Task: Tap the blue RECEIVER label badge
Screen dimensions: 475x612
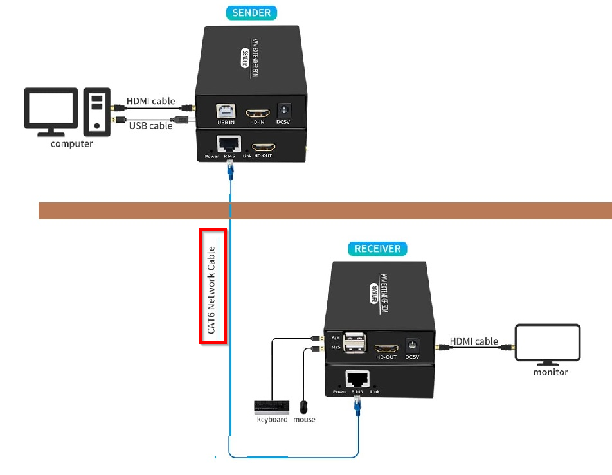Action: (378, 249)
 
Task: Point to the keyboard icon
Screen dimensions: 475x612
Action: (271, 407)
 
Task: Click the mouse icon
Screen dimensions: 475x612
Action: (304, 407)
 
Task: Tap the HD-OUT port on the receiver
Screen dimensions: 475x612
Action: (387, 347)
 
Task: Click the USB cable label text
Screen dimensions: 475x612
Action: (150, 125)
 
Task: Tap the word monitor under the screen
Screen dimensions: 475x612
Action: (550, 372)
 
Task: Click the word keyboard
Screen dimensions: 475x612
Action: (272, 419)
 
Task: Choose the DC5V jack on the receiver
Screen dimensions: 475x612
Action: (413, 346)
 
